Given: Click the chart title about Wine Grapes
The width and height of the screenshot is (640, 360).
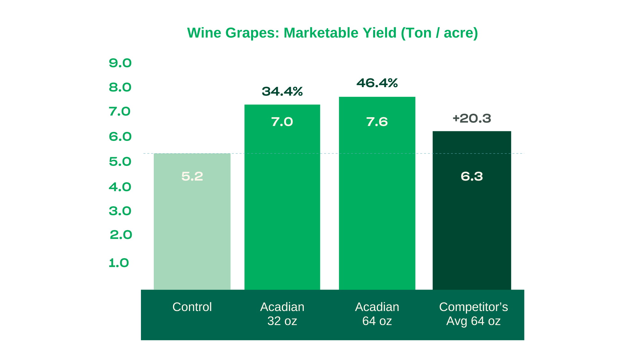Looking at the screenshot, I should [x=332, y=33].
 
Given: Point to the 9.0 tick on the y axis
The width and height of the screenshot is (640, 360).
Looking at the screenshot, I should [x=120, y=63].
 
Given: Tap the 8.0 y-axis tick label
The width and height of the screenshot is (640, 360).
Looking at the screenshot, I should [x=120, y=87].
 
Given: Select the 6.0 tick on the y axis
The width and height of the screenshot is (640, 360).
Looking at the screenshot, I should [x=120, y=137].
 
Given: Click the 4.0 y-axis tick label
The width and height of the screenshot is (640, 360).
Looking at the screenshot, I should [x=120, y=187].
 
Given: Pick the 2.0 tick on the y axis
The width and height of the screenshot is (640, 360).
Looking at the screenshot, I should [x=121, y=235].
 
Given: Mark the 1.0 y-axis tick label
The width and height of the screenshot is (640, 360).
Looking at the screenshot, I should [x=119, y=263].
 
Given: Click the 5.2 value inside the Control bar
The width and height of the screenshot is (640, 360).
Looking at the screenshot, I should [x=192, y=176].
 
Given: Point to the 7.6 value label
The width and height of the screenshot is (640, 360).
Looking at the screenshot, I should [x=377, y=122].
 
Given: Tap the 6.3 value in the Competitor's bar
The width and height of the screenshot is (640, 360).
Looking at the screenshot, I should [x=472, y=176].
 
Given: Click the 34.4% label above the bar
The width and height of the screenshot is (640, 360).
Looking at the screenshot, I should [x=282, y=92].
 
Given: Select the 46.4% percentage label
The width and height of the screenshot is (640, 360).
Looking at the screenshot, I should [x=377, y=83].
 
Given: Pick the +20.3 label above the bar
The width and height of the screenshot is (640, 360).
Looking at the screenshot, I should [x=472, y=119].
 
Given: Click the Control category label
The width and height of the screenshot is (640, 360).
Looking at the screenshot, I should [x=192, y=307].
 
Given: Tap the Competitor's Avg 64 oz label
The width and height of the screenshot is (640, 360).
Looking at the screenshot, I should [x=473, y=314].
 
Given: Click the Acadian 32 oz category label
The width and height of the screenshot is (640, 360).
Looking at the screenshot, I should [x=282, y=314].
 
